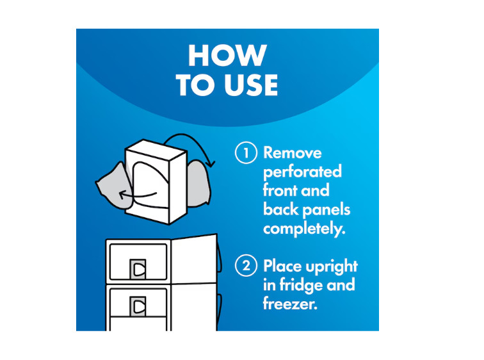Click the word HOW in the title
click(227, 56)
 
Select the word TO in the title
click(197, 85)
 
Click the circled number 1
click(246, 152)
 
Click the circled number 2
click(246, 266)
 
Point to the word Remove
click(293, 153)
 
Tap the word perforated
click(302, 172)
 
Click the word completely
click(304, 229)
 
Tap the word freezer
click(290, 304)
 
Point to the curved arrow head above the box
click(211, 163)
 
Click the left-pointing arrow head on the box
click(122, 195)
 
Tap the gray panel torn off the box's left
click(114, 187)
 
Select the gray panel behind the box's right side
click(198, 184)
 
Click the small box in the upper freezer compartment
click(138, 269)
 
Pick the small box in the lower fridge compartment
click(138, 306)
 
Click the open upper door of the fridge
click(195, 259)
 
